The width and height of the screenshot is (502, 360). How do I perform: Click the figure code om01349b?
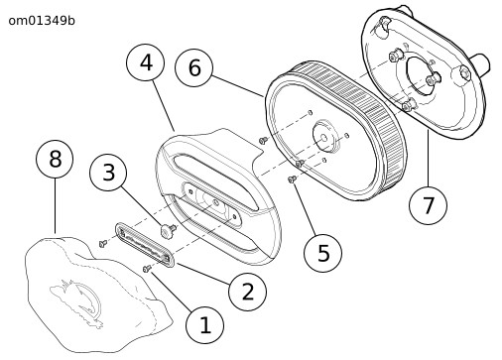(x=42, y=21)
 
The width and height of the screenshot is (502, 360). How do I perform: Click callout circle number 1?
(x=204, y=325)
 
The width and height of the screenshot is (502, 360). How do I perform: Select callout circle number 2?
(x=248, y=292)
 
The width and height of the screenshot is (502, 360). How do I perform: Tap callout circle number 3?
(x=108, y=173)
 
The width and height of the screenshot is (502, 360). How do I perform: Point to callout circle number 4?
(x=146, y=62)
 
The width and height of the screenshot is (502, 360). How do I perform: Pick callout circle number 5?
(x=323, y=253)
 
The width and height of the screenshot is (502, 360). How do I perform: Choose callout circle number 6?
(x=194, y=67)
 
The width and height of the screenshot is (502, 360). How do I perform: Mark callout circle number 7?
(x=428, y=205)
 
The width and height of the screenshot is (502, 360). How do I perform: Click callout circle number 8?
(x=55, y=159)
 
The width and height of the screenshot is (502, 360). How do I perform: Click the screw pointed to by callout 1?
(x=147, y=269)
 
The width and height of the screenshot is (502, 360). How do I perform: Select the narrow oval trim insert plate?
(x=145, y=245)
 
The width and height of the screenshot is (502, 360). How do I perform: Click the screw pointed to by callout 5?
(x=292, y=180)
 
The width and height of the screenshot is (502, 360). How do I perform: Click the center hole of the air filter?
(x=324, y=138)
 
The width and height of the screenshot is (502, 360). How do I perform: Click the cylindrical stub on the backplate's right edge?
(x=479, y=64)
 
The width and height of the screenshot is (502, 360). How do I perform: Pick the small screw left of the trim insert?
(x=103, y=244)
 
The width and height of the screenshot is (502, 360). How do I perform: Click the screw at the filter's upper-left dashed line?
(x=263, y=141)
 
